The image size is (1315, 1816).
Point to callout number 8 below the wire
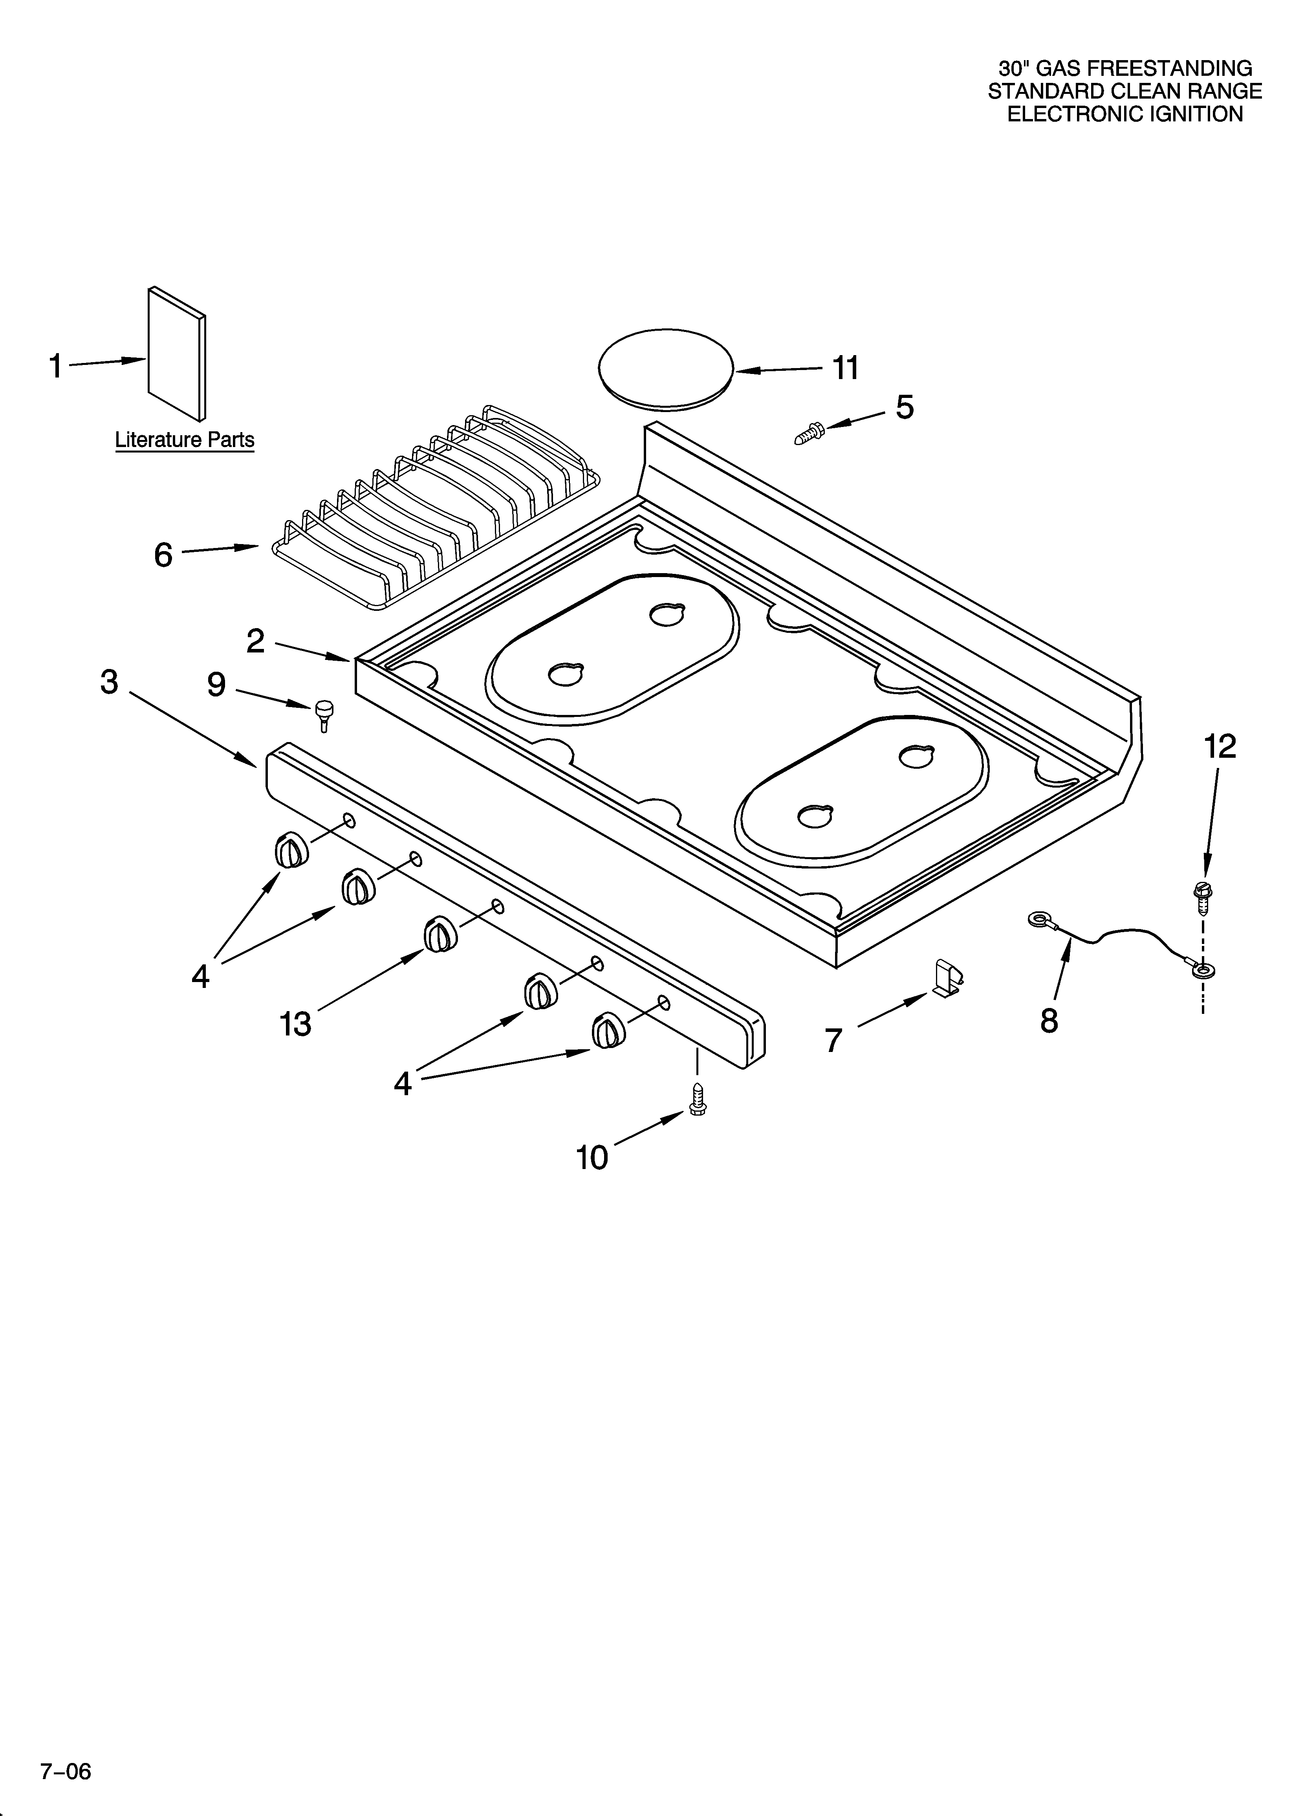coord(1049,1021)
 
